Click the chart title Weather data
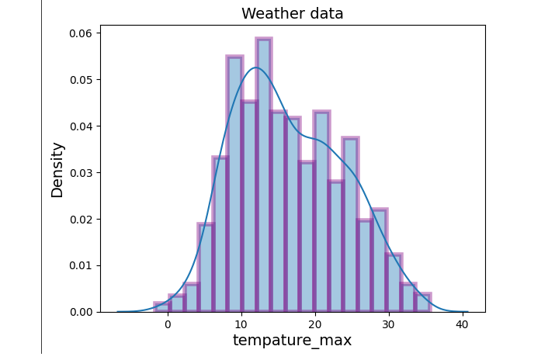point(292,14)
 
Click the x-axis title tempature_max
point(292,341)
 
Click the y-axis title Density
point(57,169)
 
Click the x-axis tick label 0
point(168,324)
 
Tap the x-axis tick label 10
point(241,324)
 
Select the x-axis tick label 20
point(314,324)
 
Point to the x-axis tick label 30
point(388,324)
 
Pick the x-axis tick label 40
point(461,324)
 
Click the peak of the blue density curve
point(257,67)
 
